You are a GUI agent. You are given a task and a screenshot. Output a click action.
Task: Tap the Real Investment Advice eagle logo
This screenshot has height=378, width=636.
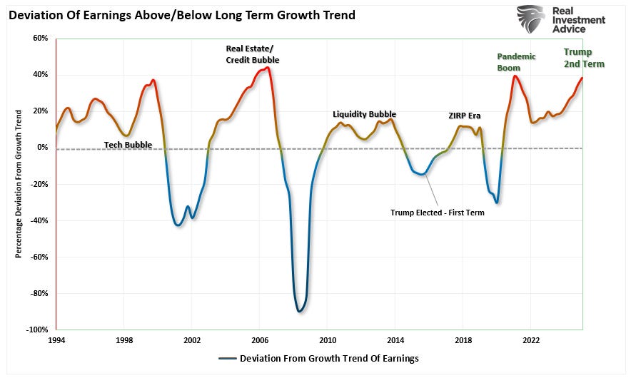pos(532,19)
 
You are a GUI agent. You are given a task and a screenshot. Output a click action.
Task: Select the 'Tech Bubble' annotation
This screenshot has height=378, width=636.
pos(128,144)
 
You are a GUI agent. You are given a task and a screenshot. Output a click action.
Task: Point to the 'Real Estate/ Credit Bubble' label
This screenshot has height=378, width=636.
pos(252,54)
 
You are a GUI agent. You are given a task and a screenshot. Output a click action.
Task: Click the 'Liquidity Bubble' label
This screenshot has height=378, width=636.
pos(364,114)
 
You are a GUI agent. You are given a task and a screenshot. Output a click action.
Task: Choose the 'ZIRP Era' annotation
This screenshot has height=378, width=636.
pos(464,116)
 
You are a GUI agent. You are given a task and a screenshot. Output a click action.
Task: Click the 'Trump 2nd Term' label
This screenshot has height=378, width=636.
pos(584,58)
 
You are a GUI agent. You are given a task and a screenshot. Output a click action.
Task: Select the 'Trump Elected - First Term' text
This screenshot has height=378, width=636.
pos(438,213)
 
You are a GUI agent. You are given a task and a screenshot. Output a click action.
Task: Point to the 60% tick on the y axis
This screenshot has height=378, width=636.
pos(39,38)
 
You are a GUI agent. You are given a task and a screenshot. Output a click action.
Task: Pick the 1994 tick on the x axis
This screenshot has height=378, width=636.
pos(57,341)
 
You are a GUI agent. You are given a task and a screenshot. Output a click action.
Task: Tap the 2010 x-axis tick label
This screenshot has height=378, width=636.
pos(328,341)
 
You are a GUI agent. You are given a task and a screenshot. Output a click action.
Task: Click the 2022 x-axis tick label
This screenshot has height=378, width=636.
pos(530,341)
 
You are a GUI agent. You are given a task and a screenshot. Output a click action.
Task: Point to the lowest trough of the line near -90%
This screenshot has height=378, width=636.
pos(300,311)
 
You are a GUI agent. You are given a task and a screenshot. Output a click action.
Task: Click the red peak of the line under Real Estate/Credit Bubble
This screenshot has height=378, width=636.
pos(266,68)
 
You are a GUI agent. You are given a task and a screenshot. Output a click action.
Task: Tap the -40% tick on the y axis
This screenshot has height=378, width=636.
pos(39,220)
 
